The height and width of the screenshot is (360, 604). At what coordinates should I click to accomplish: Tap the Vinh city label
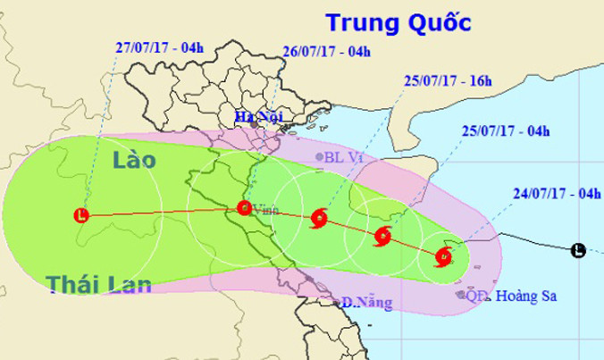(265, 210)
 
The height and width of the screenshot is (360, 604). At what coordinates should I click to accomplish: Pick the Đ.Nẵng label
(372, 304)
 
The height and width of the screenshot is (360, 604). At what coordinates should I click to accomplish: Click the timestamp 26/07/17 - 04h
(326, 52)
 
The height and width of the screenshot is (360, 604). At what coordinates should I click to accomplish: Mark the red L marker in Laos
(81, 214)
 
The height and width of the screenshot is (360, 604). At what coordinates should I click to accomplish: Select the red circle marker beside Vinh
(244, 209)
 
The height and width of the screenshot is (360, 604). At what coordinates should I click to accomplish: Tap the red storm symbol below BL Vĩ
(319, 219)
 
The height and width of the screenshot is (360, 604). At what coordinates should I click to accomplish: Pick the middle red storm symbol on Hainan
(382, 237)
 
